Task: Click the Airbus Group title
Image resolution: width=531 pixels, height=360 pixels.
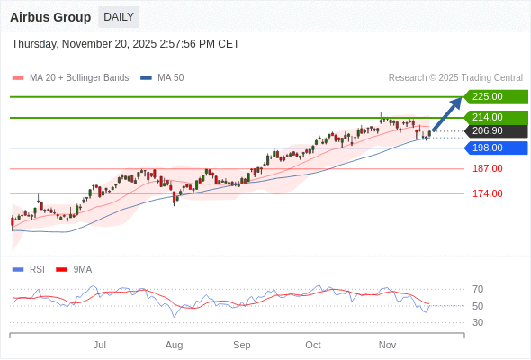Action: click(x=50, y=17)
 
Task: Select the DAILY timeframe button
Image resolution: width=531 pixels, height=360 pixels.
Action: click(x=119, y=17)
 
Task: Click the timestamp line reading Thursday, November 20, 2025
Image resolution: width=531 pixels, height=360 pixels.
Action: click(x=126, y=44)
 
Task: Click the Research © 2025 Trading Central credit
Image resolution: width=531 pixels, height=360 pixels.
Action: click(x=455, y=78)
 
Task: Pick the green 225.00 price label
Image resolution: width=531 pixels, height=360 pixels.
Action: click(x=495, y=96)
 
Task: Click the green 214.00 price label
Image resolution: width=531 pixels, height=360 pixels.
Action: click(x=495, y=117)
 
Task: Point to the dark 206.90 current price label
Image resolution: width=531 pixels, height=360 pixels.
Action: click(x=495, y=131)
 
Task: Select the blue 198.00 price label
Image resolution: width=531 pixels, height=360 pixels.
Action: click(x=495, y=148)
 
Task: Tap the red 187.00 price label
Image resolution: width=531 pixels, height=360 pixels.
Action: click(x=487, y=169)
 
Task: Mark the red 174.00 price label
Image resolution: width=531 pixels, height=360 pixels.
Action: click(x=487, y=193)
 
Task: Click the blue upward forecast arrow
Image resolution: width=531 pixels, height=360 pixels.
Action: click(x=447, y=113)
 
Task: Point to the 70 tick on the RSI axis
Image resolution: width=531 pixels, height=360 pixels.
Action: click(x=478, y=290)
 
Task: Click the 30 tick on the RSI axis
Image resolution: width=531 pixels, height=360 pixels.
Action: click(x=478, y=322)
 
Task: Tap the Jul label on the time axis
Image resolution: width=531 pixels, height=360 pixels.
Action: click(x=100, y=345)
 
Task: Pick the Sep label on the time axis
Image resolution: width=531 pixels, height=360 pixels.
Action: click(x=241, y=345)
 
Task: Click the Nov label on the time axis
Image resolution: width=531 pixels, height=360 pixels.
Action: click(x=387, y=345)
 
